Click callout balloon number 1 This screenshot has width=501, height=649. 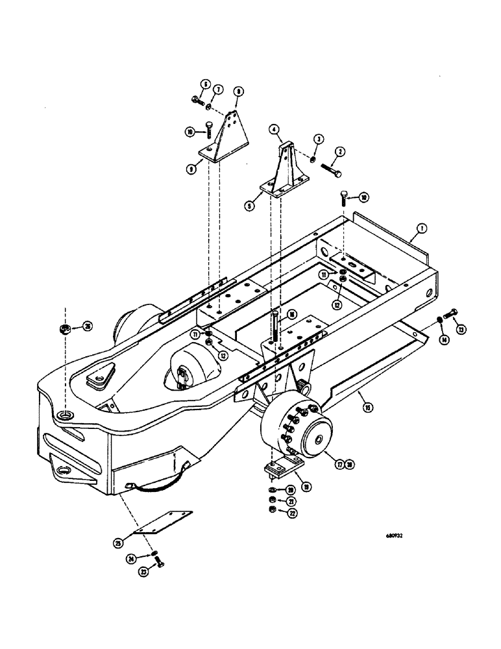[422, 228]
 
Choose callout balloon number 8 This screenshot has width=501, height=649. [238, 93]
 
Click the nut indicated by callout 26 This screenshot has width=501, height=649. [66, 327]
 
